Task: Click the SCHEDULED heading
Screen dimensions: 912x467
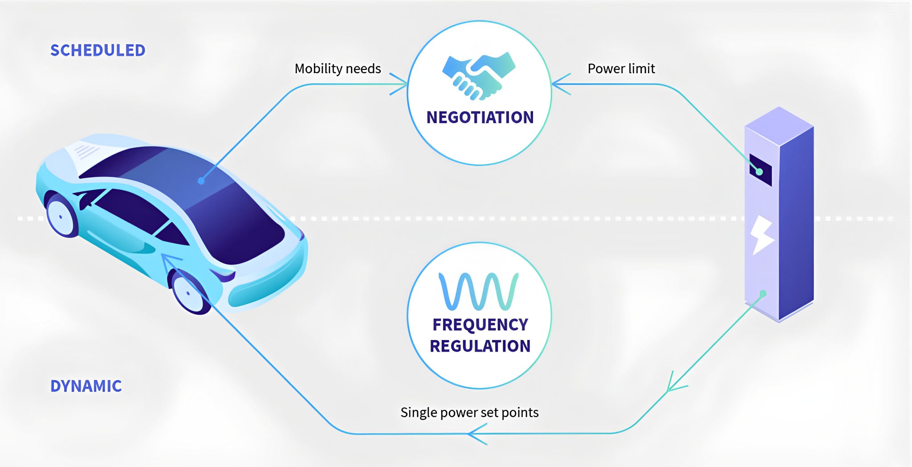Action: tap(98, 50)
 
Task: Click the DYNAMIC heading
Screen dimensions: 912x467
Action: tap(86, 386)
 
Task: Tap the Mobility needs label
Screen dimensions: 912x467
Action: tap(338, 69)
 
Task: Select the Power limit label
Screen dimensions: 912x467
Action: tap(621, 69)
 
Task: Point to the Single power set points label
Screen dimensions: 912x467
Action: tap(469, 413)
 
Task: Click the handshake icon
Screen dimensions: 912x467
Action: tap(479, 76)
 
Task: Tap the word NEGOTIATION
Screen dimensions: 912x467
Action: tap(480, 117)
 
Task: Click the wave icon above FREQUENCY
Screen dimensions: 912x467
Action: tap(479, 291)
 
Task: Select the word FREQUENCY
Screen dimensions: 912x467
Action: tap(480, 325)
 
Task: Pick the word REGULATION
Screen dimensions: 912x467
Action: tap(480, 346)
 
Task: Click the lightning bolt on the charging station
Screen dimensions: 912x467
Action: tap(762, 235)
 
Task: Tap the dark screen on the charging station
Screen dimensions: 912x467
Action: tap(761, 170)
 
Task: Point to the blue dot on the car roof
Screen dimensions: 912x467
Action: tap(201, 181)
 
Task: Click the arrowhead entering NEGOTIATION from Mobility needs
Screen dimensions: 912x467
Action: tap(399, 84)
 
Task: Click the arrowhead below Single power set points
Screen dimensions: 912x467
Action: tap(477, 434)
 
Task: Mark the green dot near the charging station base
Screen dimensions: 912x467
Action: tap(763, 294)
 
